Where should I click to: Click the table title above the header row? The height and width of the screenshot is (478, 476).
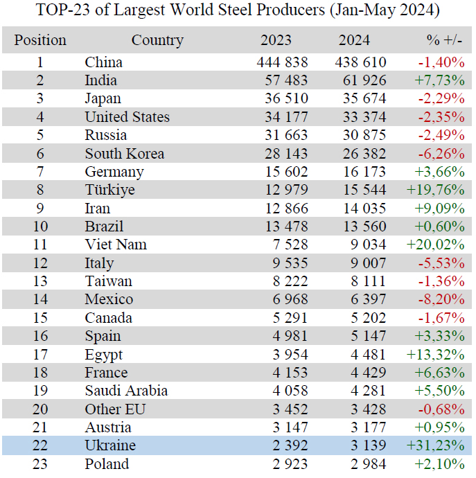tap(238, 12)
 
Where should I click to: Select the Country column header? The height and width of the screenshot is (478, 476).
tap(157, 41)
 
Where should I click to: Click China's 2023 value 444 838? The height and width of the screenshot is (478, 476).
tap(282, 62)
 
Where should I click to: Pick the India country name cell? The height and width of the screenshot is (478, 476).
tap(101, 80)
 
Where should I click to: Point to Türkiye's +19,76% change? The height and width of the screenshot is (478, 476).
tap(439, 190)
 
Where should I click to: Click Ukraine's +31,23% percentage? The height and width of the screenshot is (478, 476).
tap(439, 445)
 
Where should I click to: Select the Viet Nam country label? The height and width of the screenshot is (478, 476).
tap(116, 245)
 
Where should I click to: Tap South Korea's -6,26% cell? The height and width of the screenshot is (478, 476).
tap(441, 154)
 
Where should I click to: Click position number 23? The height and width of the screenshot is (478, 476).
tap(40, 463)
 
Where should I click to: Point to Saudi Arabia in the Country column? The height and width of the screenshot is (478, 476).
tap(126, 391)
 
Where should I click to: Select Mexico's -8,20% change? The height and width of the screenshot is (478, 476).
tap(441, 299)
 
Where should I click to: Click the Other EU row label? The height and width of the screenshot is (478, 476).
tap(116, 409)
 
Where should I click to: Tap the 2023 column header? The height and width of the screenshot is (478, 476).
tap(276, 41)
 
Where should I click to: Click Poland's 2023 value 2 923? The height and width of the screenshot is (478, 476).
tap(288, 463)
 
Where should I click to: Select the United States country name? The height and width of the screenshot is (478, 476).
tap(127, 117)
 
